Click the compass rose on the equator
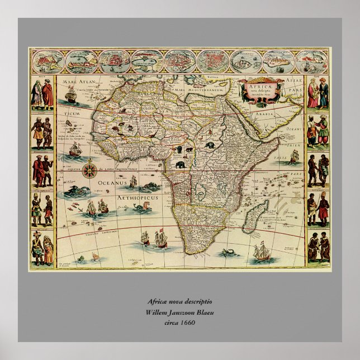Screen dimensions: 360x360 click(x=89, y=169)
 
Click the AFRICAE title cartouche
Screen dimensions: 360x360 click(x=259, y=91)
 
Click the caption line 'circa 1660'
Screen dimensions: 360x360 click(x=180, y=323)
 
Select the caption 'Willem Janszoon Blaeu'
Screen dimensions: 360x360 click(x=180, y=311)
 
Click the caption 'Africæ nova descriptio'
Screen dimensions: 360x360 click(x=180, y=301)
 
